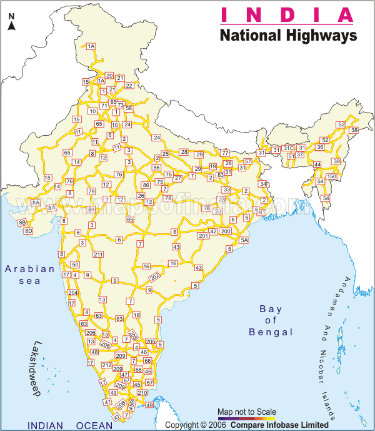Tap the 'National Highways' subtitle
click(288, 35)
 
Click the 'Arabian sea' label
click(30, 275)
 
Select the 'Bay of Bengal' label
click(271, 320)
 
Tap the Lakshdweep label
click(46, 362)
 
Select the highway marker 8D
click(28, 231)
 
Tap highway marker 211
click(98, 255)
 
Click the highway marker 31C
click(288, 148)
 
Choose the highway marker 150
click(331, 177)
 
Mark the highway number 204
click(73, 293)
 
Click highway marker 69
click(130, 220)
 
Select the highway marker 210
click(142, 393)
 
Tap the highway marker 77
click(226, 153)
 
